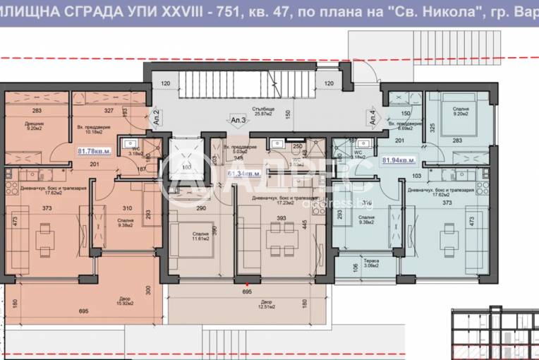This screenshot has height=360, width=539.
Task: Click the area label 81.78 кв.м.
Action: [x=93, y=150]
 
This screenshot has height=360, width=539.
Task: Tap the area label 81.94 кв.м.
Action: [x=398, y=160]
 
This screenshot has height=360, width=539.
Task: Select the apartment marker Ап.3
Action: [x=238, y=120]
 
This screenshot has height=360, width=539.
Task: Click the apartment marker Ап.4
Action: [x=373, y=117]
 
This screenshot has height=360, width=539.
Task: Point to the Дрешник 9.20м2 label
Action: [x=34, y=126]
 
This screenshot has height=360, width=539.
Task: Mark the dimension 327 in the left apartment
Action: [x=108, y=111]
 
